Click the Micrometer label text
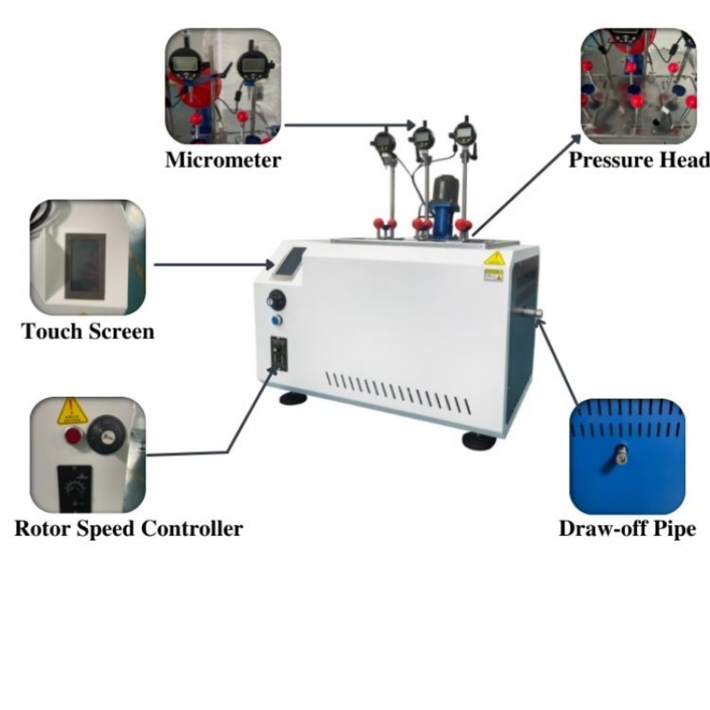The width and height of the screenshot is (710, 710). [x=223, y=160]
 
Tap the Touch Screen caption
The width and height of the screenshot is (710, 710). [x=88, y=331]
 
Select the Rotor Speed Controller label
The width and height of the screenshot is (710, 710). [x=129, y=528]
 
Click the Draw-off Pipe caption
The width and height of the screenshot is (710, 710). [x=627, y=528]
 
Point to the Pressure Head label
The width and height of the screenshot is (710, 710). [x=639, y=160]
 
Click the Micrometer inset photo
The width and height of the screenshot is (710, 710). [x=223, y=86]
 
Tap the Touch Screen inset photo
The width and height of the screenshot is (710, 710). [x=88, y=257]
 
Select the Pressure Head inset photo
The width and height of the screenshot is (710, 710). [x=639, y=86]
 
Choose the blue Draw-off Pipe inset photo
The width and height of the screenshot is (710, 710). [x=627, y=456]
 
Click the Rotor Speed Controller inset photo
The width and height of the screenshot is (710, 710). [x=88, y=455]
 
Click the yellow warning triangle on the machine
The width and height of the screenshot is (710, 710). [x=494, y=258]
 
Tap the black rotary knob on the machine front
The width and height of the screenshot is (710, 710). [x=277, y=300]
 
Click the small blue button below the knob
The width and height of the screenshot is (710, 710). [x=276, y=320]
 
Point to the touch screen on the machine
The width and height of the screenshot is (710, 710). [x=289, y=261]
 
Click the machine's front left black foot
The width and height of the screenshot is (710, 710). [x=294, y=398]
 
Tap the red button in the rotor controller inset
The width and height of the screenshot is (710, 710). [x=74, y=436]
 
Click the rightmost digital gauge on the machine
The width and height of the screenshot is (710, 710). [x=463, y=133]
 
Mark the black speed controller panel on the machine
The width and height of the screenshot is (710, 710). [x=279, y=353]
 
